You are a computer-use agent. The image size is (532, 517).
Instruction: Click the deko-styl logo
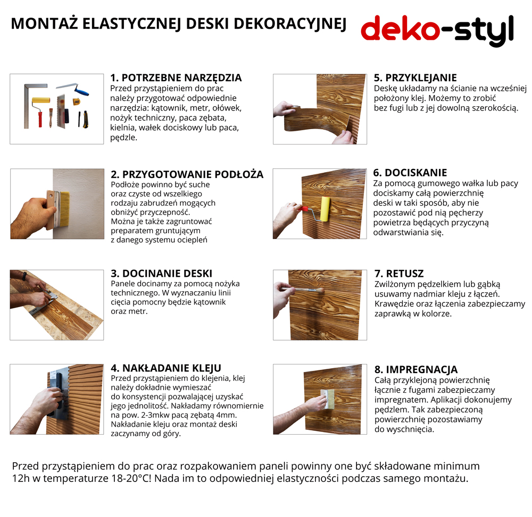coord(437,30)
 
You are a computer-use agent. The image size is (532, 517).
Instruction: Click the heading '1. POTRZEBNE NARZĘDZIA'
coord(176,78)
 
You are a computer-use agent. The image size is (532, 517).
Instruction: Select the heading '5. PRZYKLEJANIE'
coord(415,78)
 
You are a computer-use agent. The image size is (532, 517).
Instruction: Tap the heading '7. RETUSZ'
coord(399,274)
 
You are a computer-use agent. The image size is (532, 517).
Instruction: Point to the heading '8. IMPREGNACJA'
coord(416,369)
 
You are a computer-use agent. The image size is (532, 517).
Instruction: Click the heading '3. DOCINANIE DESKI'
coord(162,274)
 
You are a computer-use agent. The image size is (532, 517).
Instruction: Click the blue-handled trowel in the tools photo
coord(73,89)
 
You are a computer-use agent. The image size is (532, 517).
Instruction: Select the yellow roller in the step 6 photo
coord(325,209)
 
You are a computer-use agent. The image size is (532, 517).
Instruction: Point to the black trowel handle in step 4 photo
coord(57,393)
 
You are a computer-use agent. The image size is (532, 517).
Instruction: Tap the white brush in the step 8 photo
coord(327,399)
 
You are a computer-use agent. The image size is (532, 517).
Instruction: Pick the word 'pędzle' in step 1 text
coord(123,138)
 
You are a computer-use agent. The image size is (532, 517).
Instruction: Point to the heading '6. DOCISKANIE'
coord(410,173)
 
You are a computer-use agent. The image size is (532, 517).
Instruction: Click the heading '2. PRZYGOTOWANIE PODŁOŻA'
coord(187,174)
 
